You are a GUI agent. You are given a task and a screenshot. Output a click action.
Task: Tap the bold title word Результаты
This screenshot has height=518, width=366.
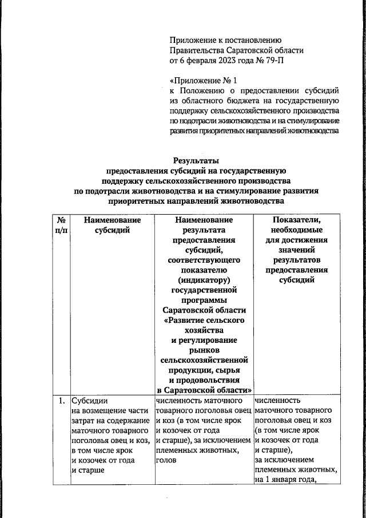coord(196,161)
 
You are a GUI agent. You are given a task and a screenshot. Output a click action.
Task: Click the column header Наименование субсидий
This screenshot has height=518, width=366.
coord(112,225)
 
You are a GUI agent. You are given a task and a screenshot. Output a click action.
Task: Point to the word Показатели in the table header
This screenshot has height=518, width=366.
coord(296,220)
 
